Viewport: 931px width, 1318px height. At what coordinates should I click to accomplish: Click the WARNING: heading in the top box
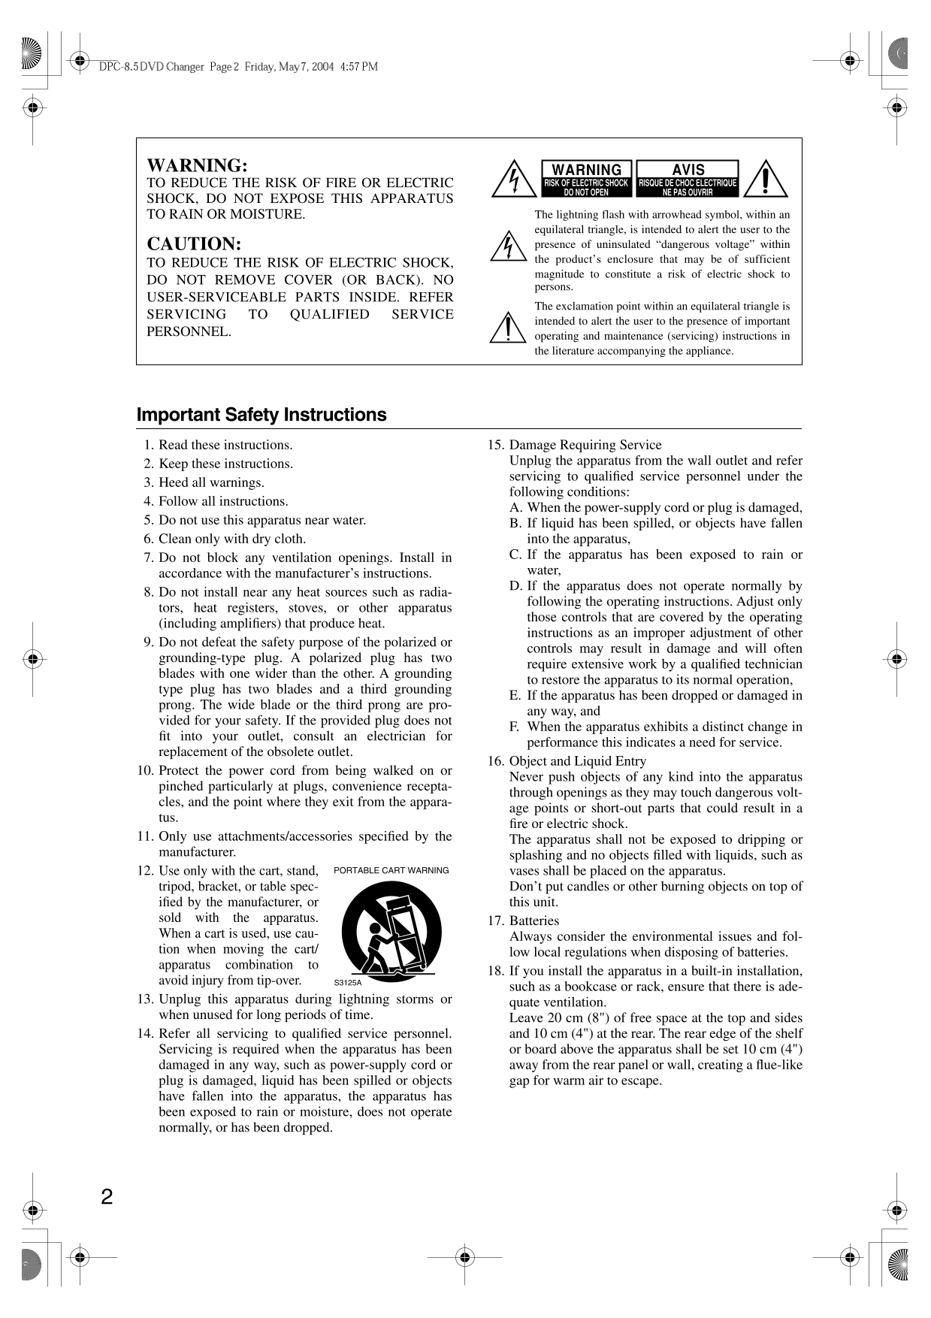197,165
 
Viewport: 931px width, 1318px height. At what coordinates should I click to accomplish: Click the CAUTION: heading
194,244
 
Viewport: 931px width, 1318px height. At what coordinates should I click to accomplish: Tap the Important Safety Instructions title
261,415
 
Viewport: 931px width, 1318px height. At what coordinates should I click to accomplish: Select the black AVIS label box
688,178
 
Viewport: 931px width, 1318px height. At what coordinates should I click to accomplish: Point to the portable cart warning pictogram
391,931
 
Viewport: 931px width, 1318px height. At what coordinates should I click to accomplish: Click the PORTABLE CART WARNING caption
391,870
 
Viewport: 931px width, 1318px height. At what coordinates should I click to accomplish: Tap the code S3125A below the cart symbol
348,982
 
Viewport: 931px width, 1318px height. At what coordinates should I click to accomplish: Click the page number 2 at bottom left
107,1197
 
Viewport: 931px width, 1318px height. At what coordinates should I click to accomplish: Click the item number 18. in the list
496,971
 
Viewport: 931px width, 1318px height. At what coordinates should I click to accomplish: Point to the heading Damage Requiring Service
585,445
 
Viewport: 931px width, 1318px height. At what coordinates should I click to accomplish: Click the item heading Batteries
534,920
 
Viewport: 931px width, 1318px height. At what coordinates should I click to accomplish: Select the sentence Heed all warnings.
211,482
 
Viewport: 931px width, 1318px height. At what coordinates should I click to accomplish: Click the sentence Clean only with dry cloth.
232,539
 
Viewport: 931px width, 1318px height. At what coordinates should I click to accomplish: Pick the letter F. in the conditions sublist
515,727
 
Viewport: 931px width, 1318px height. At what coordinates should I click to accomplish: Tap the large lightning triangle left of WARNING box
509,179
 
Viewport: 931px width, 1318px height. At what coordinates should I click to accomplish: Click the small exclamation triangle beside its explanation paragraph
507,327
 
